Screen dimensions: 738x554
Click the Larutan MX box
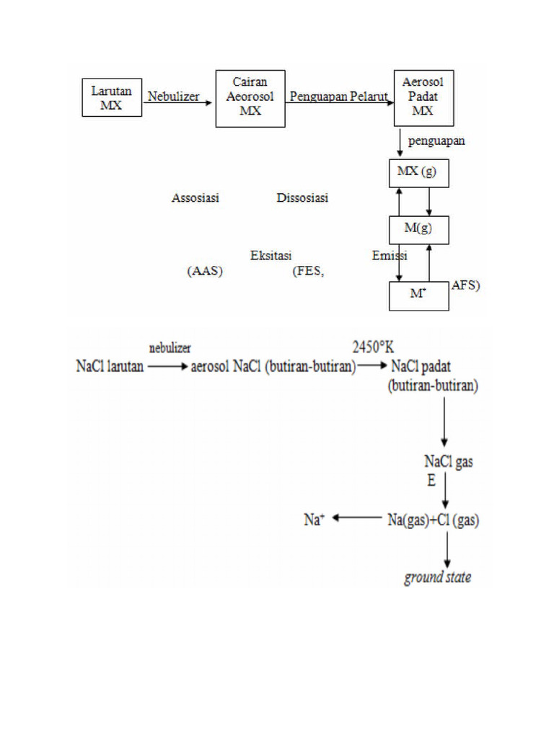click(112, 97)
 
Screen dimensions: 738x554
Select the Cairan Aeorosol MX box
click(250, 98)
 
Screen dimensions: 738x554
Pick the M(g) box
click(418, 229)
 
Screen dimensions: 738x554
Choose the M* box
click(418, 295)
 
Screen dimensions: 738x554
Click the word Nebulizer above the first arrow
click(173, 97)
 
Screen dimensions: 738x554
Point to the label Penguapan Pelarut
click(339, 97)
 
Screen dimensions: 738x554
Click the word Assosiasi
click(195, 198)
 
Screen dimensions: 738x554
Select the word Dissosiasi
click(302, 198)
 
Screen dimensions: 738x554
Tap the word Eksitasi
click(270, 256)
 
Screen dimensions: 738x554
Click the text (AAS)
click(205, 272)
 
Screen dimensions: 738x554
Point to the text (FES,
click(308, 272)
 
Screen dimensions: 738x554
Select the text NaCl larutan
click(110, 366)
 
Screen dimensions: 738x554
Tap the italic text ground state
click(437, 577)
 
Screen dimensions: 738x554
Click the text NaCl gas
click(448, 462)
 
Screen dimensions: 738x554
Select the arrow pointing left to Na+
click(355, 517)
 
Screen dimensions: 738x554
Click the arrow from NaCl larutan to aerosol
click(167, 366)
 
